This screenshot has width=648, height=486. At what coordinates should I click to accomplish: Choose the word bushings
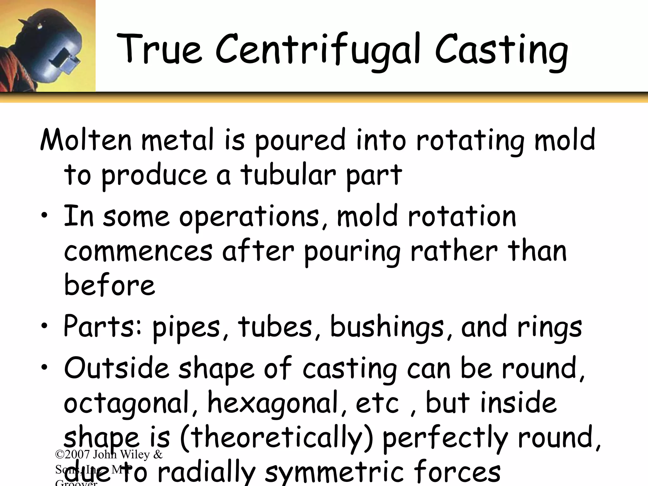click(x=387, y=327)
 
